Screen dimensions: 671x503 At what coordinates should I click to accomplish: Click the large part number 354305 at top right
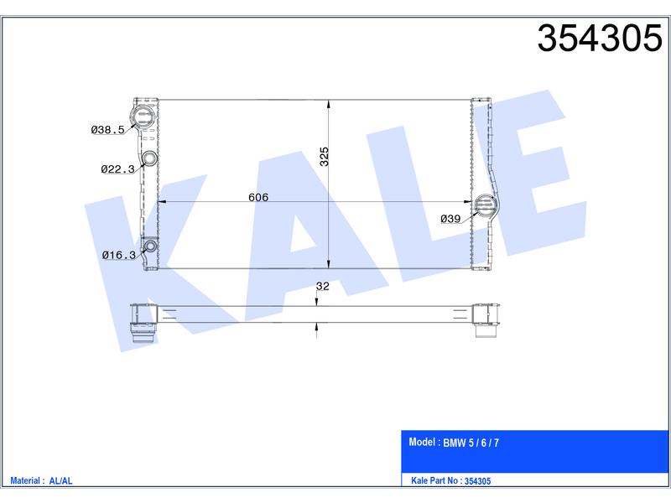(600, 38)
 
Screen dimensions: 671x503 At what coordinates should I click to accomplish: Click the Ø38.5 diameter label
(108, 130)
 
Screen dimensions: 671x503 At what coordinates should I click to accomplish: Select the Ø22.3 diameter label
(117, 169)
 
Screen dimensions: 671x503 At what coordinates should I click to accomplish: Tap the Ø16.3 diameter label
(118, 256)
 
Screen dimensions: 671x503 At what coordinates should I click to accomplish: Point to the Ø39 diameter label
(450, 219)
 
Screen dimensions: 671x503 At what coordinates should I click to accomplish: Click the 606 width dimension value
(258, 197)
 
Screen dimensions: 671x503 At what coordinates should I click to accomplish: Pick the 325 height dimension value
(325, 156)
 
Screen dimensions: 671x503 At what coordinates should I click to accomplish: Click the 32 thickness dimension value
(322, 286)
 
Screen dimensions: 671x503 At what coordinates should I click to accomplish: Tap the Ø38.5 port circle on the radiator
(142, 116)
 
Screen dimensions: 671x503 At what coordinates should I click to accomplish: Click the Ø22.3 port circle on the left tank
(149, 158)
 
